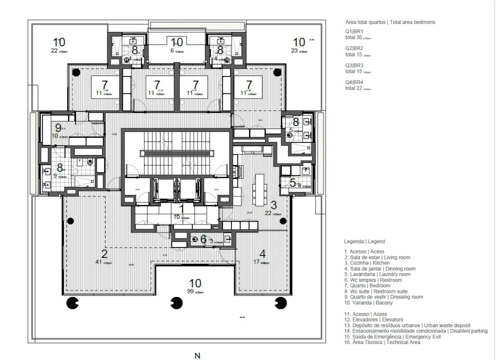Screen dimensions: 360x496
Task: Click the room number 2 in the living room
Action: [104, 252]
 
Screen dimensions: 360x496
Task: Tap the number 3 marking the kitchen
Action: [273, 204]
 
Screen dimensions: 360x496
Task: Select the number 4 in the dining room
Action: [262, 252]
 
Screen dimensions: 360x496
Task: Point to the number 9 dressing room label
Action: [58, 127]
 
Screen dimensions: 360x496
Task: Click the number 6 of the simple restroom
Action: [203, 239]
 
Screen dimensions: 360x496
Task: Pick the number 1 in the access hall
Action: [182, 208]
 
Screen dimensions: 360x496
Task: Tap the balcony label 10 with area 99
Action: [195, 283]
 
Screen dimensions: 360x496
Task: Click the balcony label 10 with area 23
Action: [298, 42]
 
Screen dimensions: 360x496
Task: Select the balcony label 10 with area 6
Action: [177, 42]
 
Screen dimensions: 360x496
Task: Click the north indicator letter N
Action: [197, 355]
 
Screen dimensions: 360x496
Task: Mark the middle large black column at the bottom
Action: [175, 303]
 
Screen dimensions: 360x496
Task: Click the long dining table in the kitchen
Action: [258, 189]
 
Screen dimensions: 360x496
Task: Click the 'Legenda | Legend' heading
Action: [364, 241]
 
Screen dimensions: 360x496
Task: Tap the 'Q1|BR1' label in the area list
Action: [354, 31]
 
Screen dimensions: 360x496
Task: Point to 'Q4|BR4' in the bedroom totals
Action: [354, 82]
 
